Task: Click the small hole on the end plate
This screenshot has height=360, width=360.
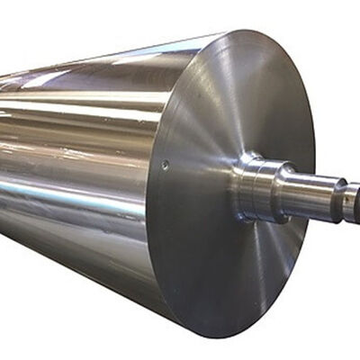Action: pyautogui.click(x=165, y=164)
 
